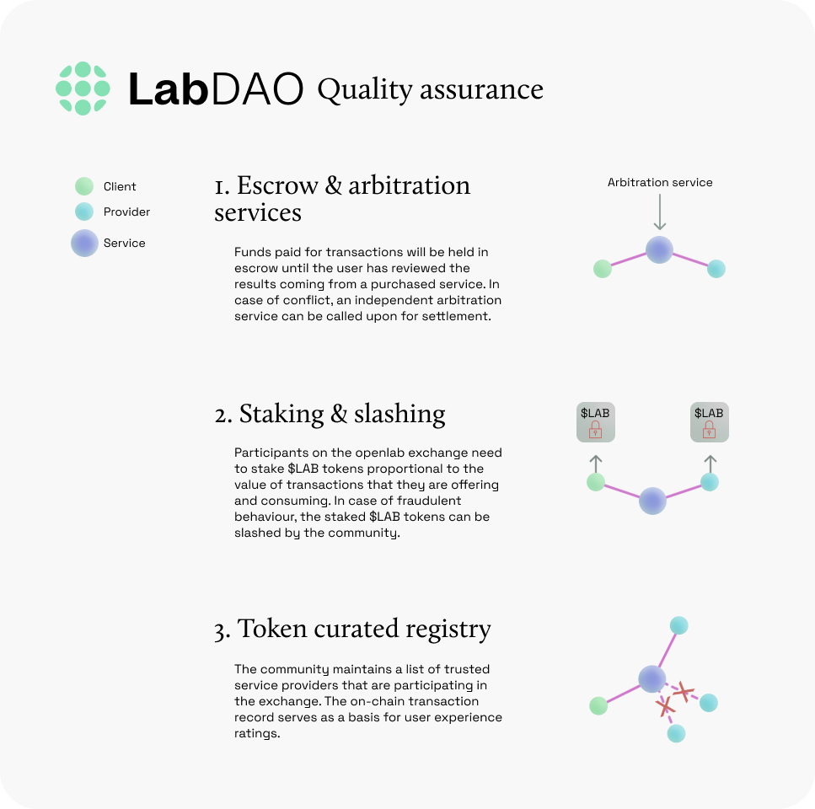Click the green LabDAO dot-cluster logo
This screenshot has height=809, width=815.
click(83, 88)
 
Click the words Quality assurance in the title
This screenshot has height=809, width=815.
click(430, 89)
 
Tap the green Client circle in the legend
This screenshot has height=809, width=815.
click(84, 186)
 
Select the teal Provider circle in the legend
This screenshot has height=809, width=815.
click(84, 212)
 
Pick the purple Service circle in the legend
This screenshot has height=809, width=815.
click(84, 243)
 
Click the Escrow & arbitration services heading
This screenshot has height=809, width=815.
click(342, 198)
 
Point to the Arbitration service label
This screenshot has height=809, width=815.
click(660, 182)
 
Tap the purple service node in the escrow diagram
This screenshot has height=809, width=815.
click(659, 249)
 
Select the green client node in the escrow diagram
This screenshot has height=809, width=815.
click(602, 269)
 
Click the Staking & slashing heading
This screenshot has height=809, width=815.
click(330, 414)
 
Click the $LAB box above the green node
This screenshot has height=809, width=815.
click(595, 422)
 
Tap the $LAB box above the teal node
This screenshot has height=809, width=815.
click(709, 422)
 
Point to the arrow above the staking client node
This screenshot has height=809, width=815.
click(596, 463)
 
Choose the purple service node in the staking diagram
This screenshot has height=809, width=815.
click(652, 501)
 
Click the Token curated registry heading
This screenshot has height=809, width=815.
click(352, 629)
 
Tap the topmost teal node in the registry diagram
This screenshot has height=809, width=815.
click(678, 625)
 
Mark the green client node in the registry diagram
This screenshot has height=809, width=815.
click(598, 705)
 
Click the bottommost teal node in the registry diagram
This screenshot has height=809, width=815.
click(676, 733)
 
